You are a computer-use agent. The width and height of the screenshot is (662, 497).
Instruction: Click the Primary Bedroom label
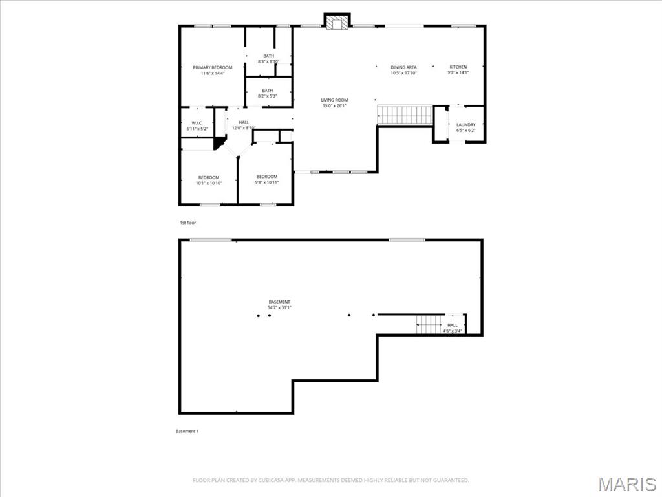click(x=212, y=70)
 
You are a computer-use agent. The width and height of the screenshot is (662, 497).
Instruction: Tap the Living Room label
click(x=334, y=102)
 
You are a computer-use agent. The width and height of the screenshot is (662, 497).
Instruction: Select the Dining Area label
click(x=403, y=70)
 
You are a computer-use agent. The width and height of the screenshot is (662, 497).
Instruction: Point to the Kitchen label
click(x=458, y=69)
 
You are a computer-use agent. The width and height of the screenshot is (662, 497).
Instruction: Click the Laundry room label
click(x=465, y=127)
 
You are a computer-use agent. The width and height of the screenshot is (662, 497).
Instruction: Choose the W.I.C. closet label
click(x=197, y=126)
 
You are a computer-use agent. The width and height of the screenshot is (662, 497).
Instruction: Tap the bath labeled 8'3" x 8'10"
click(x=268, y=58)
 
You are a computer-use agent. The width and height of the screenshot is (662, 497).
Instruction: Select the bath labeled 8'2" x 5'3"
click(x=267, y=93)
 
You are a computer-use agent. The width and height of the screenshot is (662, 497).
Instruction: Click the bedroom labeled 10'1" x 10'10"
click(x=209, y=180)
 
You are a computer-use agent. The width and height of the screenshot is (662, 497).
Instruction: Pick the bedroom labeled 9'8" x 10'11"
click(x=266, y=179)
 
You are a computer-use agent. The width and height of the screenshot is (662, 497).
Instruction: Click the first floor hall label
click(x=244, y=125)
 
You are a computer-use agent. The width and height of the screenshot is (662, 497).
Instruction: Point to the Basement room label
click(x=279, y=304)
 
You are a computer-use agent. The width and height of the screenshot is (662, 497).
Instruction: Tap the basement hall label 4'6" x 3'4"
click(x=452, y=327)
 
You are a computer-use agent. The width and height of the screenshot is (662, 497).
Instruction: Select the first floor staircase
click(x=405, y=115)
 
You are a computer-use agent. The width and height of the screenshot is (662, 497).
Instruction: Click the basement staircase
click(x=428, y=324)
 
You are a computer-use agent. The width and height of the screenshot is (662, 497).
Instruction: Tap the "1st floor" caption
click(x=187, y=223)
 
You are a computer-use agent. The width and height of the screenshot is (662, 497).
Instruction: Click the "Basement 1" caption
click(x=187, y=431)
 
